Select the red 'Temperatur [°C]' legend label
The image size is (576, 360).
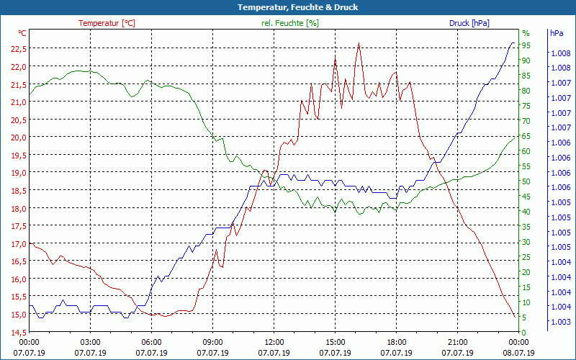pos(107,23)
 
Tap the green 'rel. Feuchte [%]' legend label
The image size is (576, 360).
pos(289,23)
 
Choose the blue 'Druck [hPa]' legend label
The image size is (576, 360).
pos(469,23)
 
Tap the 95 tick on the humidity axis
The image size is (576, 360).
pos(526,45)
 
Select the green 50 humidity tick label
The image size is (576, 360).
pos(526,181)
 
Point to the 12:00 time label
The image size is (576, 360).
pos(274,343)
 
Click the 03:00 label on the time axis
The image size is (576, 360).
pos(90,343)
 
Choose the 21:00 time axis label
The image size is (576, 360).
pos(458,343)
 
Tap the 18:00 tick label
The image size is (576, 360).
pos(397,343)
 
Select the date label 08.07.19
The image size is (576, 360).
pos(519,353)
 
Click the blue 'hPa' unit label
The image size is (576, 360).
pos(556,34)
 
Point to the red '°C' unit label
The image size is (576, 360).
pos(22,33)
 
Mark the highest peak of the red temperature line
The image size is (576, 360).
pos(359,42)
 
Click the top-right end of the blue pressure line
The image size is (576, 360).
pos(513,43)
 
